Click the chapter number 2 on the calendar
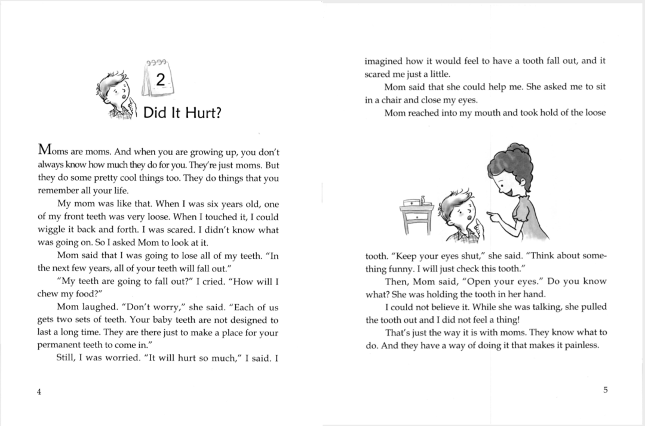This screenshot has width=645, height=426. coord(159,79)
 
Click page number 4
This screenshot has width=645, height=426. coord(39,391)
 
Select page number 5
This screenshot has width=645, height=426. coord(605,390)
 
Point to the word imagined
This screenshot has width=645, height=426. coord(385,61)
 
